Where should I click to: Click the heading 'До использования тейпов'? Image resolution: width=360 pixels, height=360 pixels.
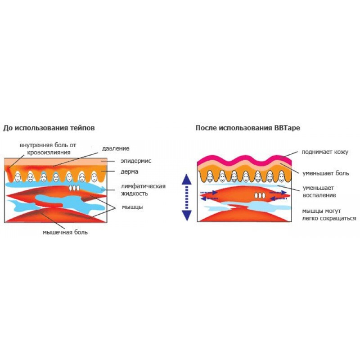tap(49, 128)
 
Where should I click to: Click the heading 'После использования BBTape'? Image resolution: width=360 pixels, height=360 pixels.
tap(248, 128)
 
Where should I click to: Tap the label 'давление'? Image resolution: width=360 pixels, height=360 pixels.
tap(116, 148)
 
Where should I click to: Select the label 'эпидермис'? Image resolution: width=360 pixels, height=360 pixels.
tap(136, 161)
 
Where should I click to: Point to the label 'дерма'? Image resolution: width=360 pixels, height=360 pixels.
tap(130, 171)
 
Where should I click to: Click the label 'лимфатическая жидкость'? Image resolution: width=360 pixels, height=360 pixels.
tap(143, 189)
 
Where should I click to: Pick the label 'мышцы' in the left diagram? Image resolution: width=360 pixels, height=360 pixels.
tap(132, 207)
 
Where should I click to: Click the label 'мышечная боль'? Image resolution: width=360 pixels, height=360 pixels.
tap(65, 232)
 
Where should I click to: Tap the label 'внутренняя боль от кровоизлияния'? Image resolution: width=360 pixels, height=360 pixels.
tap(48, 149)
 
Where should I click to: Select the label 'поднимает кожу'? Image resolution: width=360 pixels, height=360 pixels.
tap(325, 152)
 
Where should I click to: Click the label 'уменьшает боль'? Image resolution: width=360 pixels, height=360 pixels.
tap(325, 173)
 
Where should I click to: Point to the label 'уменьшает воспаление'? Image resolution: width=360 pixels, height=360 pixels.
tap(319, 192)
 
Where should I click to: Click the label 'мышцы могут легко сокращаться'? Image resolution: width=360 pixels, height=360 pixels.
tap(329, 215)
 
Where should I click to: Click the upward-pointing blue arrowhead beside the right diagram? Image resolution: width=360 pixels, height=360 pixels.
tap(187, 180)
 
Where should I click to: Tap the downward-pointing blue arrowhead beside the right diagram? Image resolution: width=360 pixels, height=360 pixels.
tap(187, 216)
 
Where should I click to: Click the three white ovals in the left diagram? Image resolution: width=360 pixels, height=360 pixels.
tap(74, 188)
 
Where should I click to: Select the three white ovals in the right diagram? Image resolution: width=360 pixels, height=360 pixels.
tap(260, 196)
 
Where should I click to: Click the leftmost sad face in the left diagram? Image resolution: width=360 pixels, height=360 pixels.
tap(18, 177)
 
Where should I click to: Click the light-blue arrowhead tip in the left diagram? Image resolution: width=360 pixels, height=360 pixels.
tap(106, 189)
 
